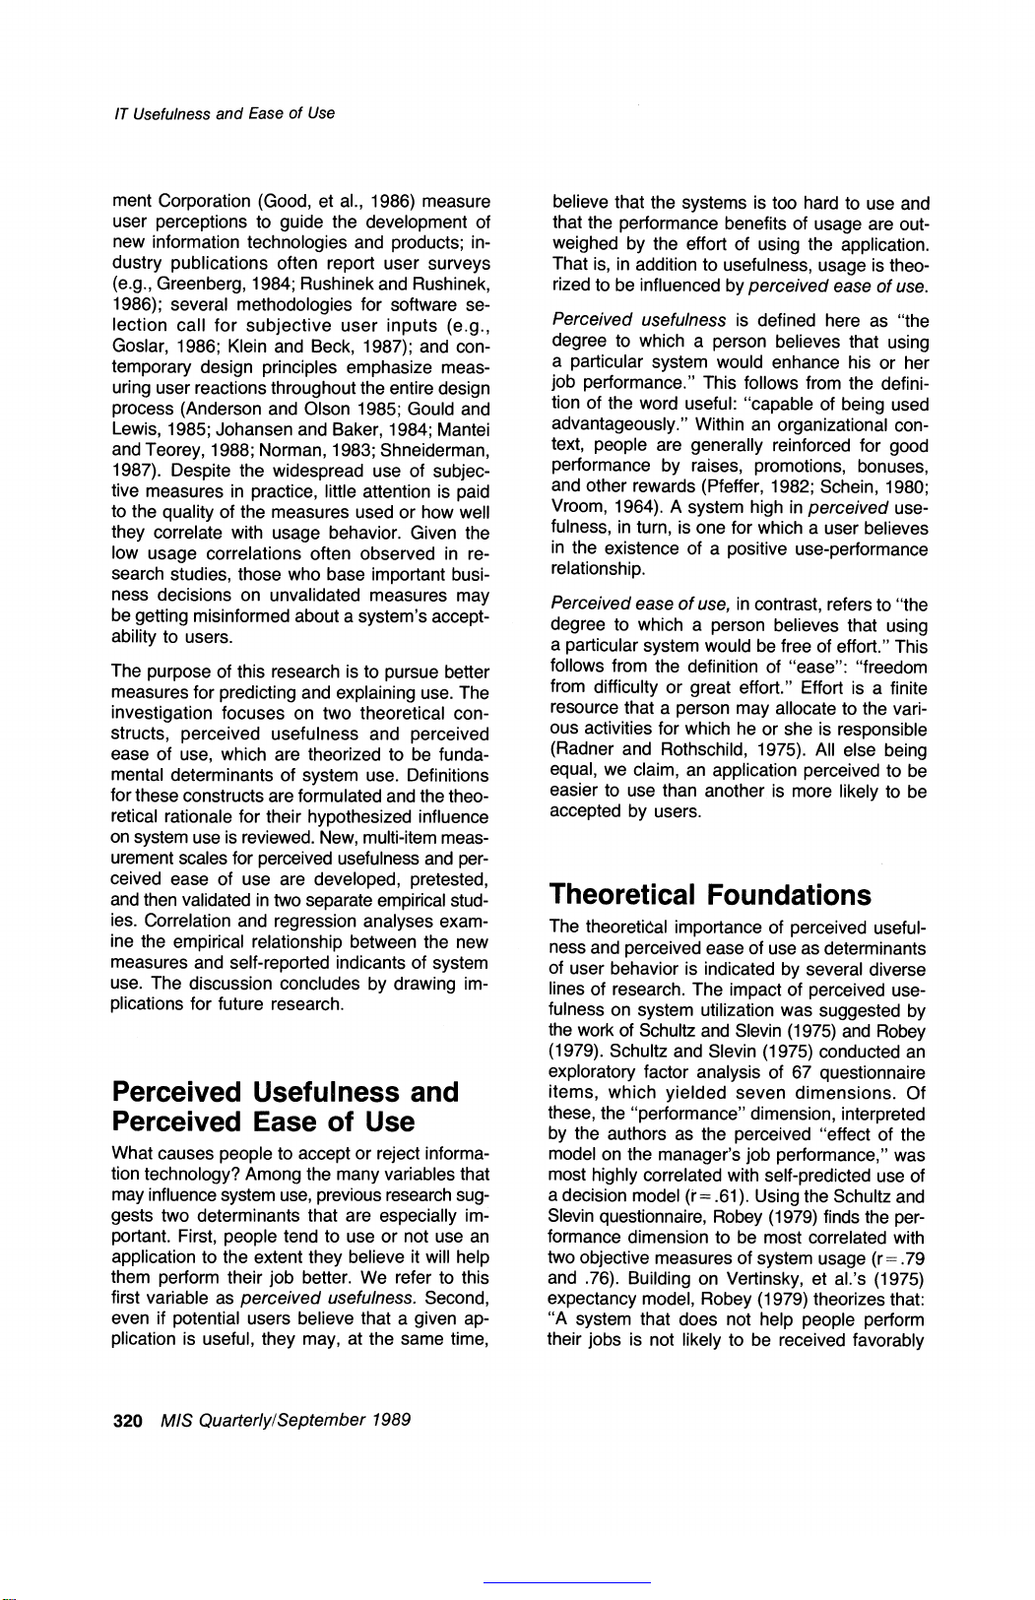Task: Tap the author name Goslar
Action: tap(135, 347)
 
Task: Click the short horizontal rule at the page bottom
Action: tap(566, 1581)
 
